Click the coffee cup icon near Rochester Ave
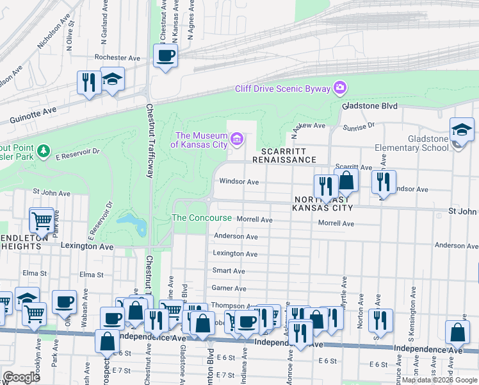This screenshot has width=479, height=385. (x=165, y=55)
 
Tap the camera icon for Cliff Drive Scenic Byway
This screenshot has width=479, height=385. (x=340, y=88)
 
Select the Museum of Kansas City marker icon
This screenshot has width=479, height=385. (x=237, y=139)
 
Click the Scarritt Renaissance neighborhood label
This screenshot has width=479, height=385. (x=284, y=155)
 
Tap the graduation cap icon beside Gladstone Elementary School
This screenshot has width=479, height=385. (x=461, y=130)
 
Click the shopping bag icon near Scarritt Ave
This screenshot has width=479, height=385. (x=346, y=180)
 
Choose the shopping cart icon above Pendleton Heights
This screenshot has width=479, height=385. (x=42, y=221)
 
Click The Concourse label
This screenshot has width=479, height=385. (x=202, y=218)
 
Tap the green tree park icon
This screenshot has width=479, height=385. (x=44, y=151)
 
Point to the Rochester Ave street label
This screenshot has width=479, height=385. (x=117, y=58)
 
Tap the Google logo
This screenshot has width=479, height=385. (x=21, y=377)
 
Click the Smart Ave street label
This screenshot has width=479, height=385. (x=229, y=271)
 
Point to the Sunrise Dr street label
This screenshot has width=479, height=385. (x=359, y=127)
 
